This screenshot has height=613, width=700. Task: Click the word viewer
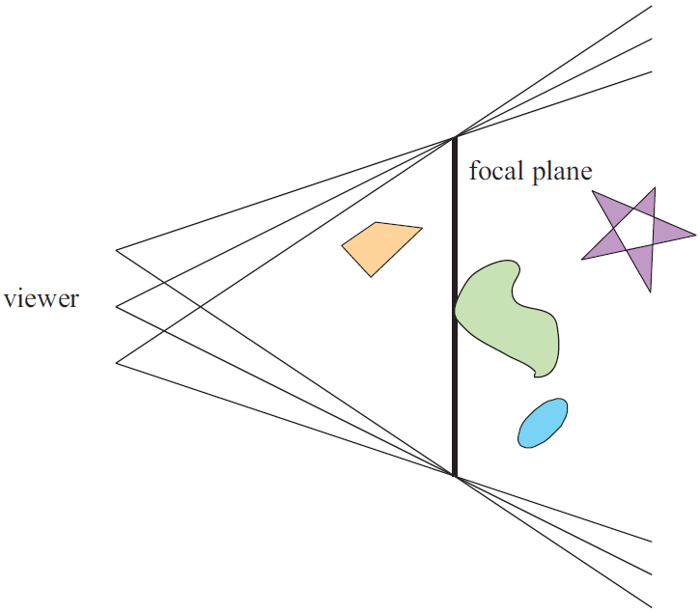(x=42, y=299)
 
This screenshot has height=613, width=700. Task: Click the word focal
(x=498, y=173)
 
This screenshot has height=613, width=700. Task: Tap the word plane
(x=564, y=174)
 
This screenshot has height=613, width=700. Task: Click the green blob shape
(x=507, y=314)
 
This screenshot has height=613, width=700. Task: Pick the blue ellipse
(x=543, y=423)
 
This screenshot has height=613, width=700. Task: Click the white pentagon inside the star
(x=631, y=232)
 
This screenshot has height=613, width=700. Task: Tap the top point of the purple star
(x=655, y=188)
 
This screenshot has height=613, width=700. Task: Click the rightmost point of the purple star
(x=694, y=235)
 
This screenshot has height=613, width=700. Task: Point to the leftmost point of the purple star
(x=582, y=259)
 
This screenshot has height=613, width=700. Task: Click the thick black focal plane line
(x=454, y=386)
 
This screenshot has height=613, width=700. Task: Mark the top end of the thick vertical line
(x=454, y=138)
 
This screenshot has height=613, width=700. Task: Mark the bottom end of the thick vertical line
(x=454, y=475)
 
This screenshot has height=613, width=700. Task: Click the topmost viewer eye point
(x=117, y=251)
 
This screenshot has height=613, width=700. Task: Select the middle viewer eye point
(x=117, y=307)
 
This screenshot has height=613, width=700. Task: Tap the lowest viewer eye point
(x=117, y=363)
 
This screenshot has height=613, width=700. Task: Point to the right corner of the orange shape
(x=422, y=229)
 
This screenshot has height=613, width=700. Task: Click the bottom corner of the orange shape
(x=369, y=276)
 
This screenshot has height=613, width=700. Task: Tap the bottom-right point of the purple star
(x=652, y=292)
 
